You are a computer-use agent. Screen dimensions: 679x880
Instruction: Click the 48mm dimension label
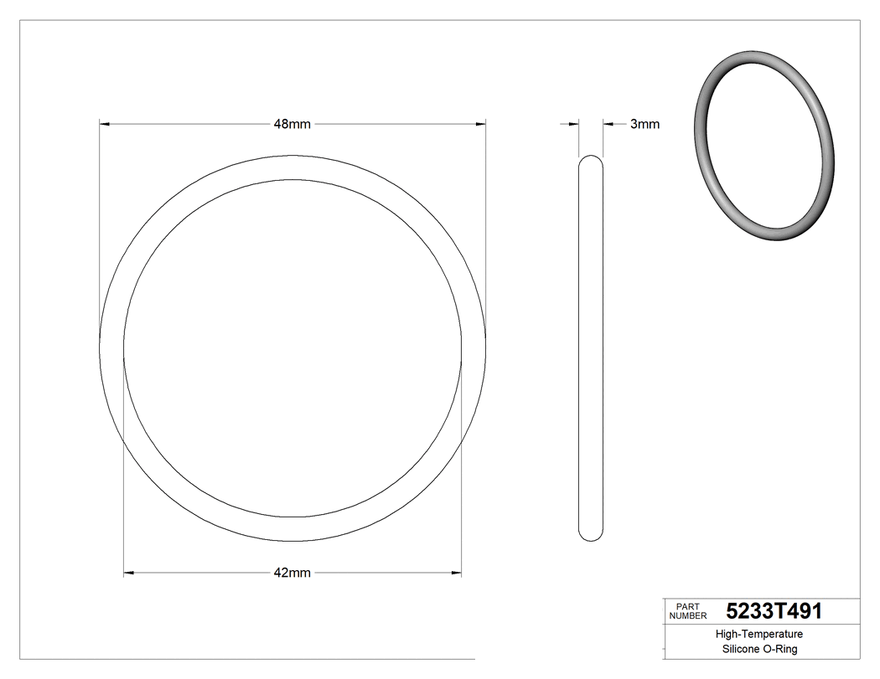[292, 124]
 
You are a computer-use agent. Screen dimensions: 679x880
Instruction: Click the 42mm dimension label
[292, 574]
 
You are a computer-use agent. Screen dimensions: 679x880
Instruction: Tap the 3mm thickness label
[644, 124]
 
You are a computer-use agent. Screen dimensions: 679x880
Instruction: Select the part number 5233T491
[774, 611]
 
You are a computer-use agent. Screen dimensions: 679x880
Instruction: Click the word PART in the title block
[687, 606]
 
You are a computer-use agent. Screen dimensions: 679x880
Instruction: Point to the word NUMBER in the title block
[688, 615]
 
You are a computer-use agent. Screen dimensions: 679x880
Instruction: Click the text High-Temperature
[759, 635]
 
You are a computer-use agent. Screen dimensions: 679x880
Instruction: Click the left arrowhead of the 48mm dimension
[105, 124]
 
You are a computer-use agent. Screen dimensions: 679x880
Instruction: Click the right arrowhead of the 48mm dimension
[480, 124]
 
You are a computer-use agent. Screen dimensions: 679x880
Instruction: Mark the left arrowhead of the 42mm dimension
[129, 574]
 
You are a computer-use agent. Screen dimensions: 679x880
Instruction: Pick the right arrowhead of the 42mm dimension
[457, 574]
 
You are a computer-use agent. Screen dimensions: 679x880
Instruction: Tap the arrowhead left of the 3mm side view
[574, 124]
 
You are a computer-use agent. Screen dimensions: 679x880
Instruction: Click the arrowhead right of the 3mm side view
[608, 124]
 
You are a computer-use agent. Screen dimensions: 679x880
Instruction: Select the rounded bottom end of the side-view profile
[591, 537]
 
